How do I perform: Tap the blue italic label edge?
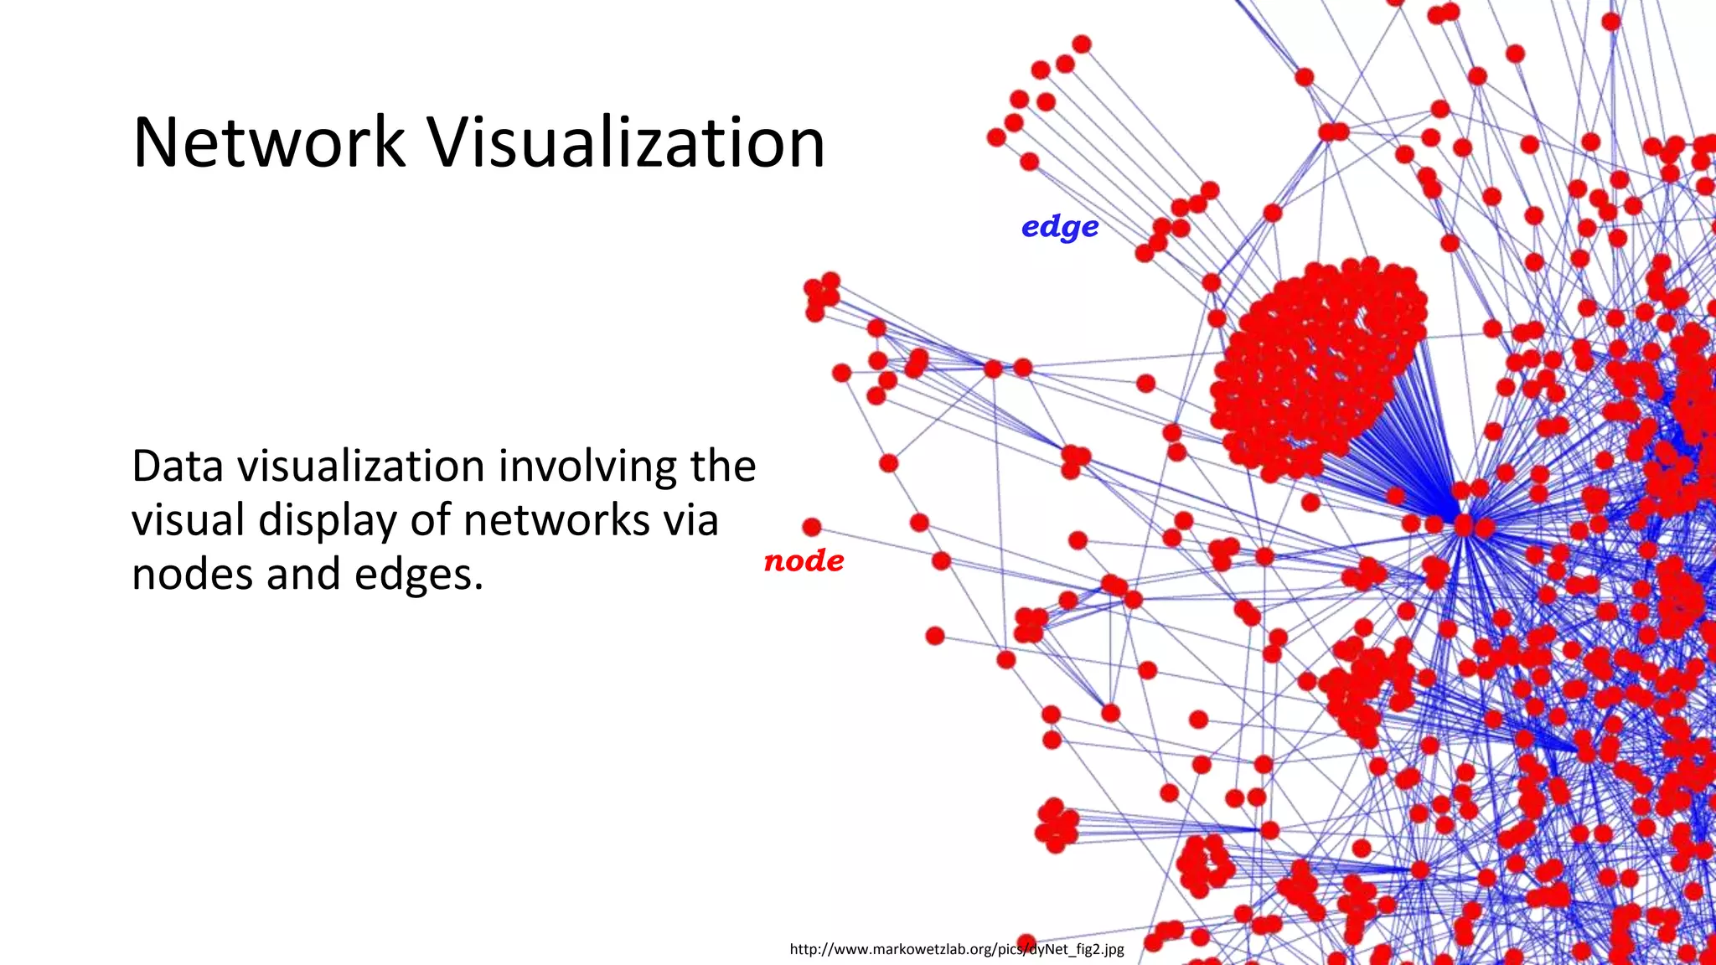pyautogui.click(x=1060, y=226)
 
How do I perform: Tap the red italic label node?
pyautogui.click(x=804, y=560)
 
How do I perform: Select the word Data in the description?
pyautogui.click(x=177, y=466)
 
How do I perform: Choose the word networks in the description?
pyautogui.click(x=556, y=520)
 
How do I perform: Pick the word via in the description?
pyautogui.click(x=691, y=520)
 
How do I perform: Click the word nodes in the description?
pyautogui.click(x=192, y=575)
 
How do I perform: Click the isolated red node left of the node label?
pyautogui.click(x=811, y=527)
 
